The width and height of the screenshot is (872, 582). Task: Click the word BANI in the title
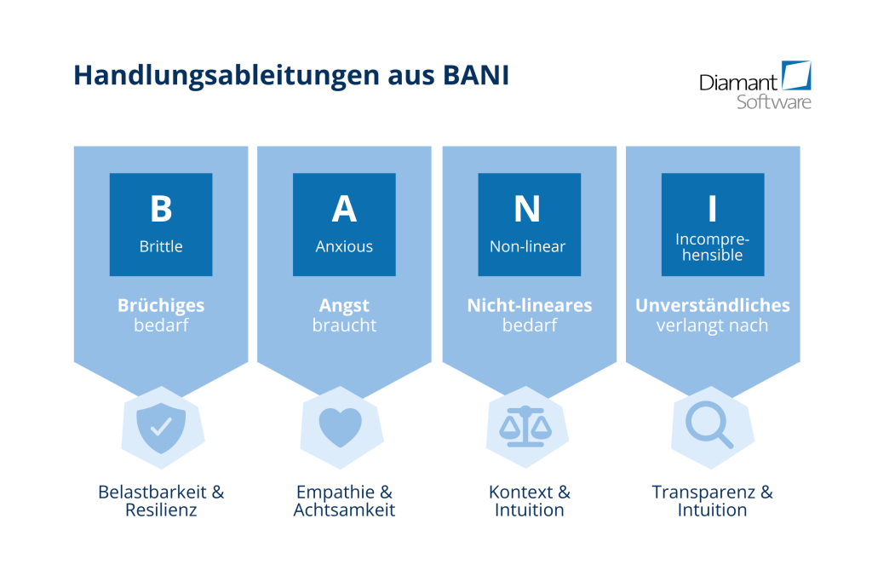[476, 75]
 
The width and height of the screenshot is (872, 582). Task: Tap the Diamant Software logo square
[796, 75]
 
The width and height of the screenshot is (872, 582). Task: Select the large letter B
[161, 209]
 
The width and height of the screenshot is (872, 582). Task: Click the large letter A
[344, 209]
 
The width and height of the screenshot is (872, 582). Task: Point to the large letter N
[527, 209]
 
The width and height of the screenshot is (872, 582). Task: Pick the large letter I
[713, 209]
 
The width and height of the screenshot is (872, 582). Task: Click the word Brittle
[161, 246]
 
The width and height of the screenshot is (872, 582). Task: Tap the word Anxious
[344, 246]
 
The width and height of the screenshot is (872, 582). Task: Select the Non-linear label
[528, 246]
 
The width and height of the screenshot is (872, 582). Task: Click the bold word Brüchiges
[161, 305]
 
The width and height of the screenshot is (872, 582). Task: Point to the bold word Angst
[344, 305]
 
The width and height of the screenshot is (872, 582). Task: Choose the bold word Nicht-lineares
[530, 305]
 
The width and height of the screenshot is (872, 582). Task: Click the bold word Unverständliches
[713, 305]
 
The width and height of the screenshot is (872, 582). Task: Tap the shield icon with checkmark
[161, 427]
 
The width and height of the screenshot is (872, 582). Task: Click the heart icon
[341, 427]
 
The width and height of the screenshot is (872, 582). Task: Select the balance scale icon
[525, 427]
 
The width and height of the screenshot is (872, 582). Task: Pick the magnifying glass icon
[709, 425]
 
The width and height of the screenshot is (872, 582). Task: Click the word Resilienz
[161, 510]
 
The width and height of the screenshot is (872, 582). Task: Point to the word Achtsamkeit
[344, 510]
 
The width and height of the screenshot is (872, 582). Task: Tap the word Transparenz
[703, 493]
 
